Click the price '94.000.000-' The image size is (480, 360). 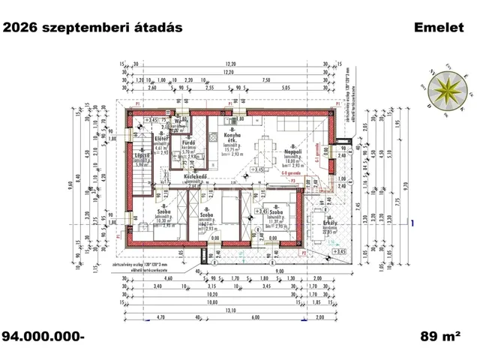click(43, 336)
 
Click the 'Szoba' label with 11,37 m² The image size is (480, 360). click(276, 214)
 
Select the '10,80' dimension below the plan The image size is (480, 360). click(214, 303)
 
